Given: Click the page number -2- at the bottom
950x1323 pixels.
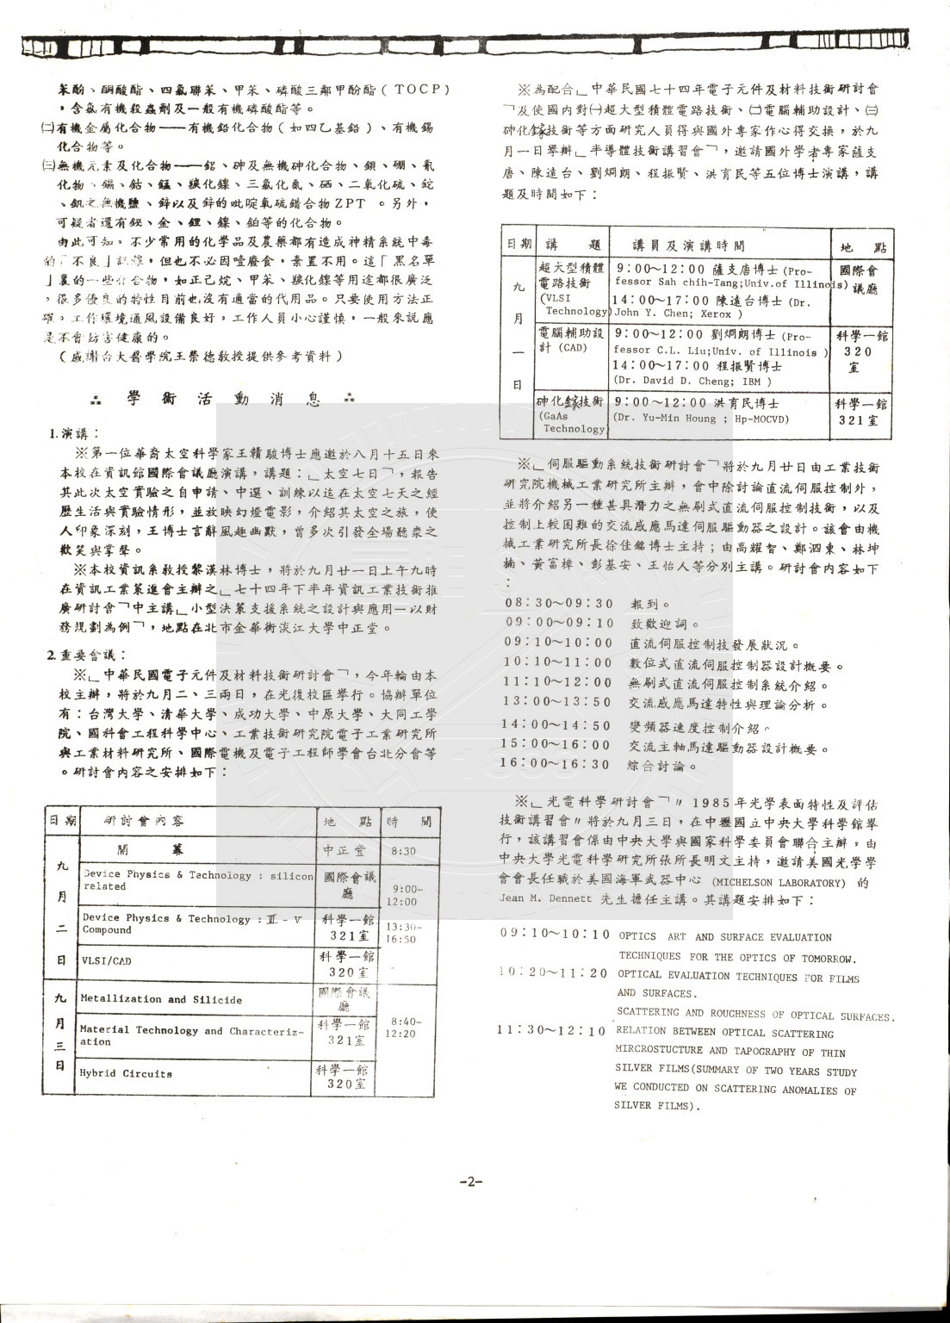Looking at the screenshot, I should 471,1182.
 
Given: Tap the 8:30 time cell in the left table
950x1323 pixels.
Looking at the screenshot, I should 403,851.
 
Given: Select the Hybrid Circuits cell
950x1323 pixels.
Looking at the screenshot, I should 126,1074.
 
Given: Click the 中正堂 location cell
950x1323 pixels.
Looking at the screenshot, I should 344,850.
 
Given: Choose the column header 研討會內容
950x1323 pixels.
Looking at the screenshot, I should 144,821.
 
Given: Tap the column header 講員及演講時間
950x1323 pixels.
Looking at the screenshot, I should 688,246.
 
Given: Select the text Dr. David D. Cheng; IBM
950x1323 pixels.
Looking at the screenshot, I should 692,381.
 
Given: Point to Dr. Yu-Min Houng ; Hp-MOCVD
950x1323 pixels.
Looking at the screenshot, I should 701,419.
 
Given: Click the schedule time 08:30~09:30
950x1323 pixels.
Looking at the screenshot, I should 560,604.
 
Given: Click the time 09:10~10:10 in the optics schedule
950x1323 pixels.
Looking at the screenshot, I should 555,935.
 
